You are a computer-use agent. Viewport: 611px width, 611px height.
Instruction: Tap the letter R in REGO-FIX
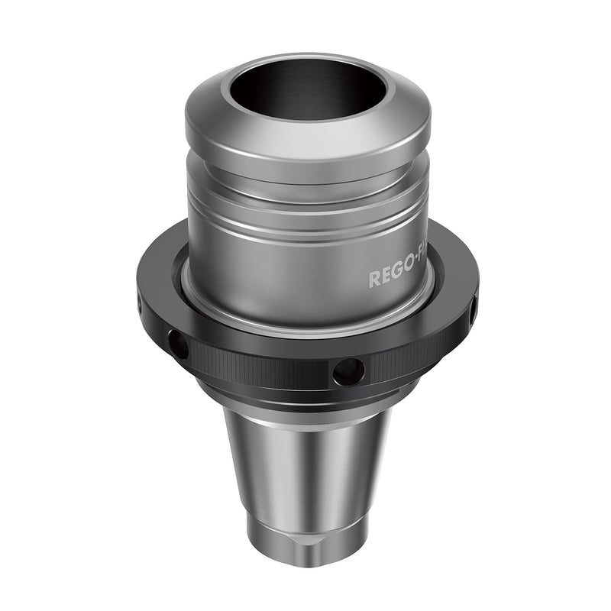pos(374,279)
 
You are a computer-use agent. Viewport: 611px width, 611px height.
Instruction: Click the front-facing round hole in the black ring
pos(348,372)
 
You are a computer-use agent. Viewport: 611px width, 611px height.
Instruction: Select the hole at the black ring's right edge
pos(472,309)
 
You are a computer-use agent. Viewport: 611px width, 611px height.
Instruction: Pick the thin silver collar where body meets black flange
pos(305,325)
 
